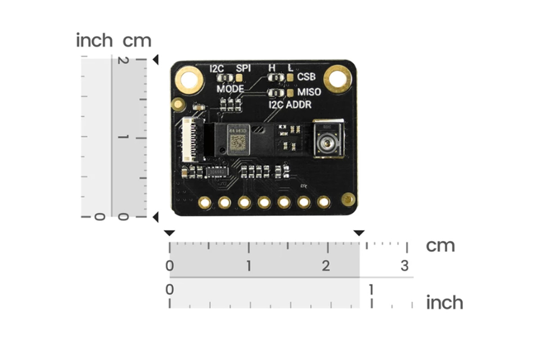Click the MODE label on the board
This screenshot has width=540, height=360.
(230, 89)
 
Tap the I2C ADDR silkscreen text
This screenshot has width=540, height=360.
(290, 105)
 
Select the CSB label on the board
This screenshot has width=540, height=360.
(306, 77)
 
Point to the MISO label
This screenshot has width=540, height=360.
(309, 92)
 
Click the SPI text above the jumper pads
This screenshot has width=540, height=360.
(243, 68)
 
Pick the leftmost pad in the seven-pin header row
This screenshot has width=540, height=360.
(205, 202)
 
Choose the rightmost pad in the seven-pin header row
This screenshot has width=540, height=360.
(324, 202)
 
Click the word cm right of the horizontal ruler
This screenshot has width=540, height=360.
(440, 246)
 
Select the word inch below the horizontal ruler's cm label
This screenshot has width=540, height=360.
(444, 303)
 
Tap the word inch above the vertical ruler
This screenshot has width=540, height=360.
(94, 40)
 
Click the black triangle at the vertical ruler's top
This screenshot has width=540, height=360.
(155, 59)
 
